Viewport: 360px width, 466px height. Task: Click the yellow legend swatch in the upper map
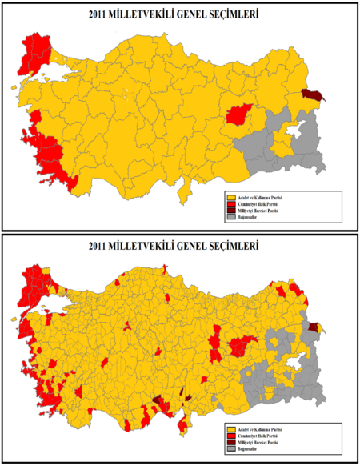coord(231,196)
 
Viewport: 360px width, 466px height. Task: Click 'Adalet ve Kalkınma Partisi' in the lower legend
coord(260,429)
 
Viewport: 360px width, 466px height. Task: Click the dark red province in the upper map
coord(310,96)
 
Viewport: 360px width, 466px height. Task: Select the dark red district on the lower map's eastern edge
coord(313,327)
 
